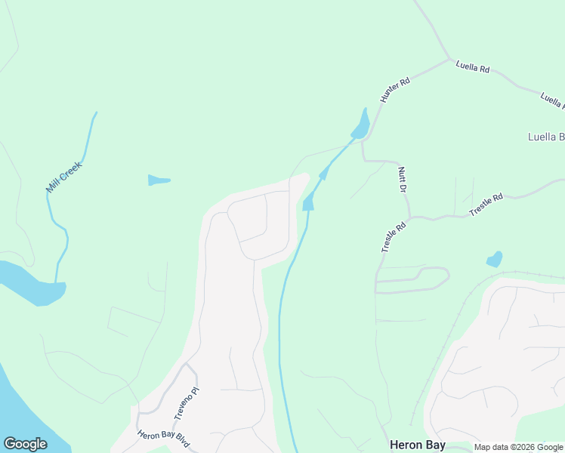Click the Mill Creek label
[x=63, y=176]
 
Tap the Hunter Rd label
[x=394, y=89]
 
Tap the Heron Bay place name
[x=418, y=445]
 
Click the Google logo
[x=25, y=444]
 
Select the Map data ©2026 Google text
[x=518, y=448]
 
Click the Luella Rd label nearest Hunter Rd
[x=473, y=68]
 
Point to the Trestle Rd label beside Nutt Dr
[x=394, y=236]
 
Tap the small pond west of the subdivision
[x=159, y=180]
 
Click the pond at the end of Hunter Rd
[x=361, y=125]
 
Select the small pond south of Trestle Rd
[x=494, y=259]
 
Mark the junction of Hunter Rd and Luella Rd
[x=450, y=60]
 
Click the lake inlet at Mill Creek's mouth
[x=30, y=283]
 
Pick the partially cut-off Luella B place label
[x=545, y=137]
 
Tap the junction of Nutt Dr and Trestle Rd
[x=409, y=217]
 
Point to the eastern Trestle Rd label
[x=486, y=205]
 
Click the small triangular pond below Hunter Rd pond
[x=324, y=174]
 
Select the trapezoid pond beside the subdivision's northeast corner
[x=308, y=202]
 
